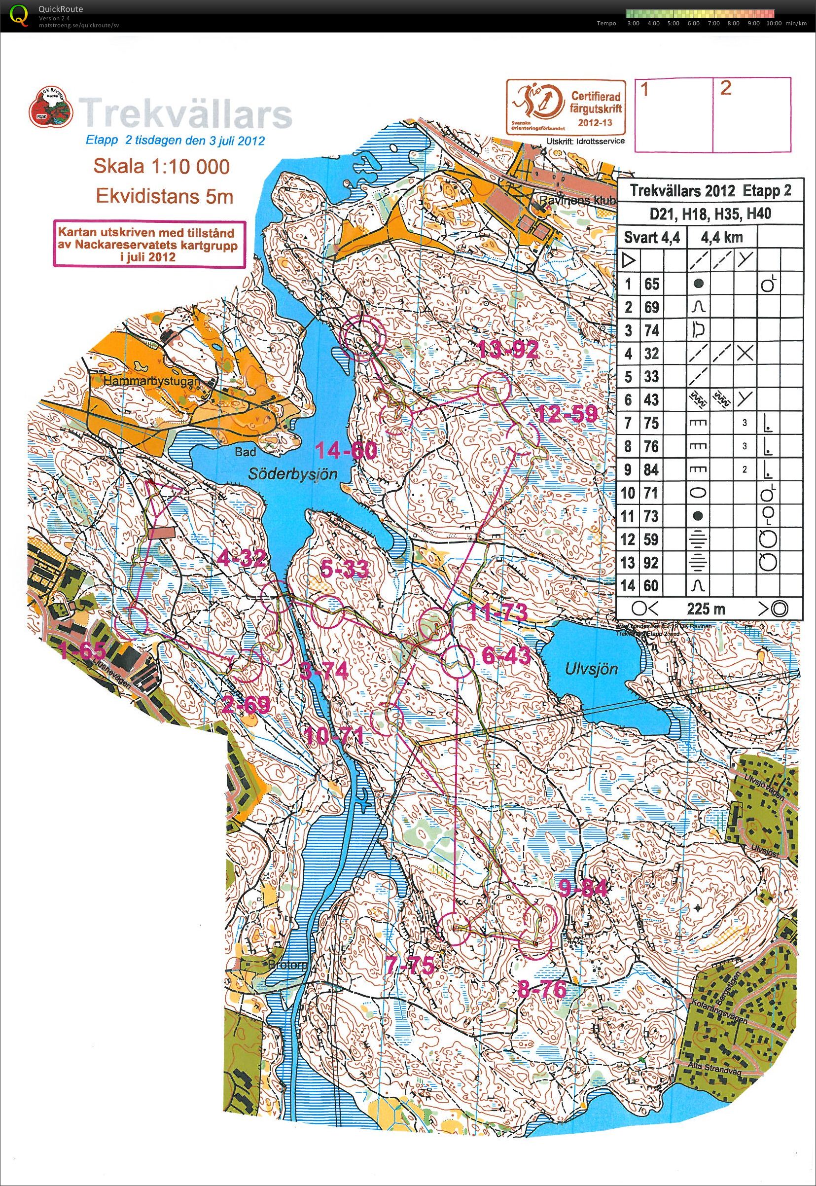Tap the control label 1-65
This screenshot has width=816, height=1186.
point(82,651)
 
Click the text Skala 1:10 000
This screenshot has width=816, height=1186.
point(161,166)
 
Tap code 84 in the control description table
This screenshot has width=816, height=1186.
point(651,469)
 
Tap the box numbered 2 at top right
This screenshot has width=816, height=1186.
point(751,114)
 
